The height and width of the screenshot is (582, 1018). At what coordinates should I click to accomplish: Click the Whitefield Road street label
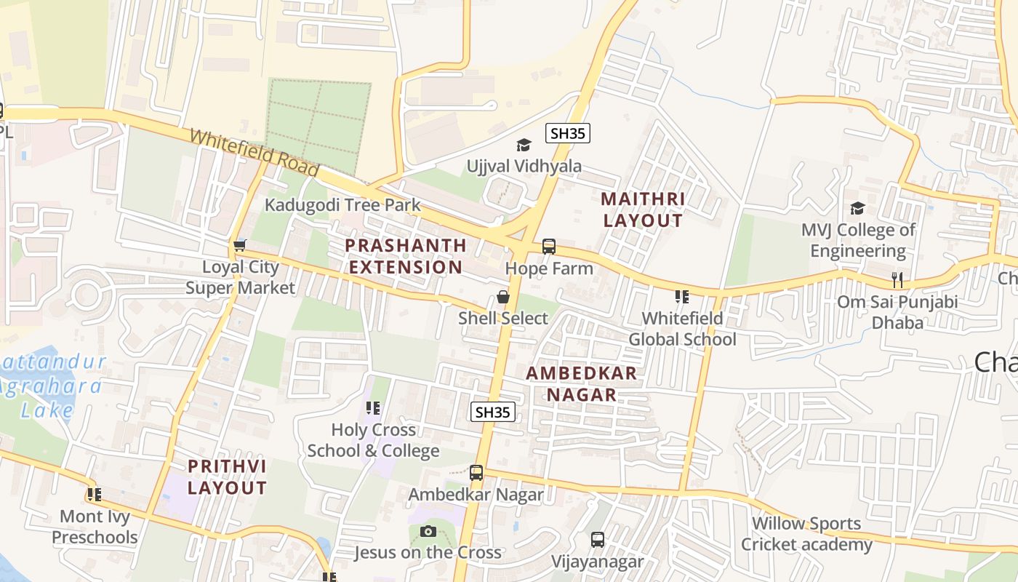(x=254, y=153)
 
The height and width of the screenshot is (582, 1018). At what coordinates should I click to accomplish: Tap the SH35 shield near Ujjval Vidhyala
(x=568, y=133)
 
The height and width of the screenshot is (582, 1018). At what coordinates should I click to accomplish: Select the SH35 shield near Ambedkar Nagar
(x=493, y=412)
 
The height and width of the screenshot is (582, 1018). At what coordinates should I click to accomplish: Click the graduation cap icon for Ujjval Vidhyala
(x=524, y=145)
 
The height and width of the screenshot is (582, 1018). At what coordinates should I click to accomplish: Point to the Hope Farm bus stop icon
(x=549, y=247)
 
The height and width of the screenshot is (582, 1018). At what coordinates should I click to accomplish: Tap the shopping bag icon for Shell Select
(x=502, y=297)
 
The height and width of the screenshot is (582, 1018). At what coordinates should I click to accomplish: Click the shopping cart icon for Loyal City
(x=240, y=246)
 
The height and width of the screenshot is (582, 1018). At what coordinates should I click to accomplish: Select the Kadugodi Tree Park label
(x=342, y=204)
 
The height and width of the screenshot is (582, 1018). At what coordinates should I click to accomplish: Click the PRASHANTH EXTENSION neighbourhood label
(x=405, y=256)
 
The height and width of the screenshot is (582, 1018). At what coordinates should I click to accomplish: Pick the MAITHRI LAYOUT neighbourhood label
(x=644, y=210)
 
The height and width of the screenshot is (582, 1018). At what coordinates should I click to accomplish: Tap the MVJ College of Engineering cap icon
(x=857, y=209)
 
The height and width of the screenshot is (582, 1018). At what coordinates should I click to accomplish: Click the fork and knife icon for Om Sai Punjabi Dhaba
(x=897, y=279)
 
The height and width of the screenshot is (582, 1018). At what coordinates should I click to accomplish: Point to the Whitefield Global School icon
(x=681, y=296)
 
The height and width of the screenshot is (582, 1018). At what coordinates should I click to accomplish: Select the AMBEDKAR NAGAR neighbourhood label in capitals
(x=581, y=384)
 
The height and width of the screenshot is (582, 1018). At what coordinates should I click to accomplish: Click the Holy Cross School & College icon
(x=373, y=408)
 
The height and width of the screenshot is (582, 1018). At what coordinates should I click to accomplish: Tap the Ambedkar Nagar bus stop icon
(x=476, y=473)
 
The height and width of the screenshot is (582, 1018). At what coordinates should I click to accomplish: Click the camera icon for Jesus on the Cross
(x=428, y=531)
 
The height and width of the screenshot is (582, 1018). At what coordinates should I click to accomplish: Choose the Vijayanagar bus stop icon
(x=598, y=540)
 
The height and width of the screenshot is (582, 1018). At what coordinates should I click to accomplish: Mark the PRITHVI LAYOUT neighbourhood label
(x=227, y=477)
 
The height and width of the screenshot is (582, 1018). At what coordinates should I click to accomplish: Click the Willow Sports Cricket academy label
(x=806, y=533)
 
